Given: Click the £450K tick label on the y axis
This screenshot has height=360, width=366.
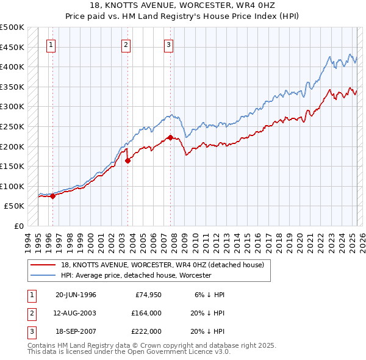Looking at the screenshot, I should coord(12,47).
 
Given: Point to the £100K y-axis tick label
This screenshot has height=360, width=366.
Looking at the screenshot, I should coord(12,186).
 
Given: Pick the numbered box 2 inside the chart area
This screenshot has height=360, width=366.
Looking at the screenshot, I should coord(126,44).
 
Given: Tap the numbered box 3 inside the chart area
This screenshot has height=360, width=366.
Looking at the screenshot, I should coord(168,44).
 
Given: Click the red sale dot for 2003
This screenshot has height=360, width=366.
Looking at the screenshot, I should coord(128,160).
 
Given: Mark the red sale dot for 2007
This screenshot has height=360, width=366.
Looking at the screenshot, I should coord(170,137).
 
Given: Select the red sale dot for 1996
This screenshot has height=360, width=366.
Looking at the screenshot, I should coord(52,196).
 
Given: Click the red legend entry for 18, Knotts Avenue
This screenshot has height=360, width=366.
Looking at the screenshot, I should coord(162,265).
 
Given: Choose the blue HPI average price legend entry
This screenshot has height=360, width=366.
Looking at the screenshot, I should coord(135,275).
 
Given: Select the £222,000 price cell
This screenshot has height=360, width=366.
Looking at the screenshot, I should coord(146,331).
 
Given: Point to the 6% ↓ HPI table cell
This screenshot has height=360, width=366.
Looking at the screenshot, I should coord(206,295).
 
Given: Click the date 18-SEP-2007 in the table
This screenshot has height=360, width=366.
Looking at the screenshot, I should coord(76,331).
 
